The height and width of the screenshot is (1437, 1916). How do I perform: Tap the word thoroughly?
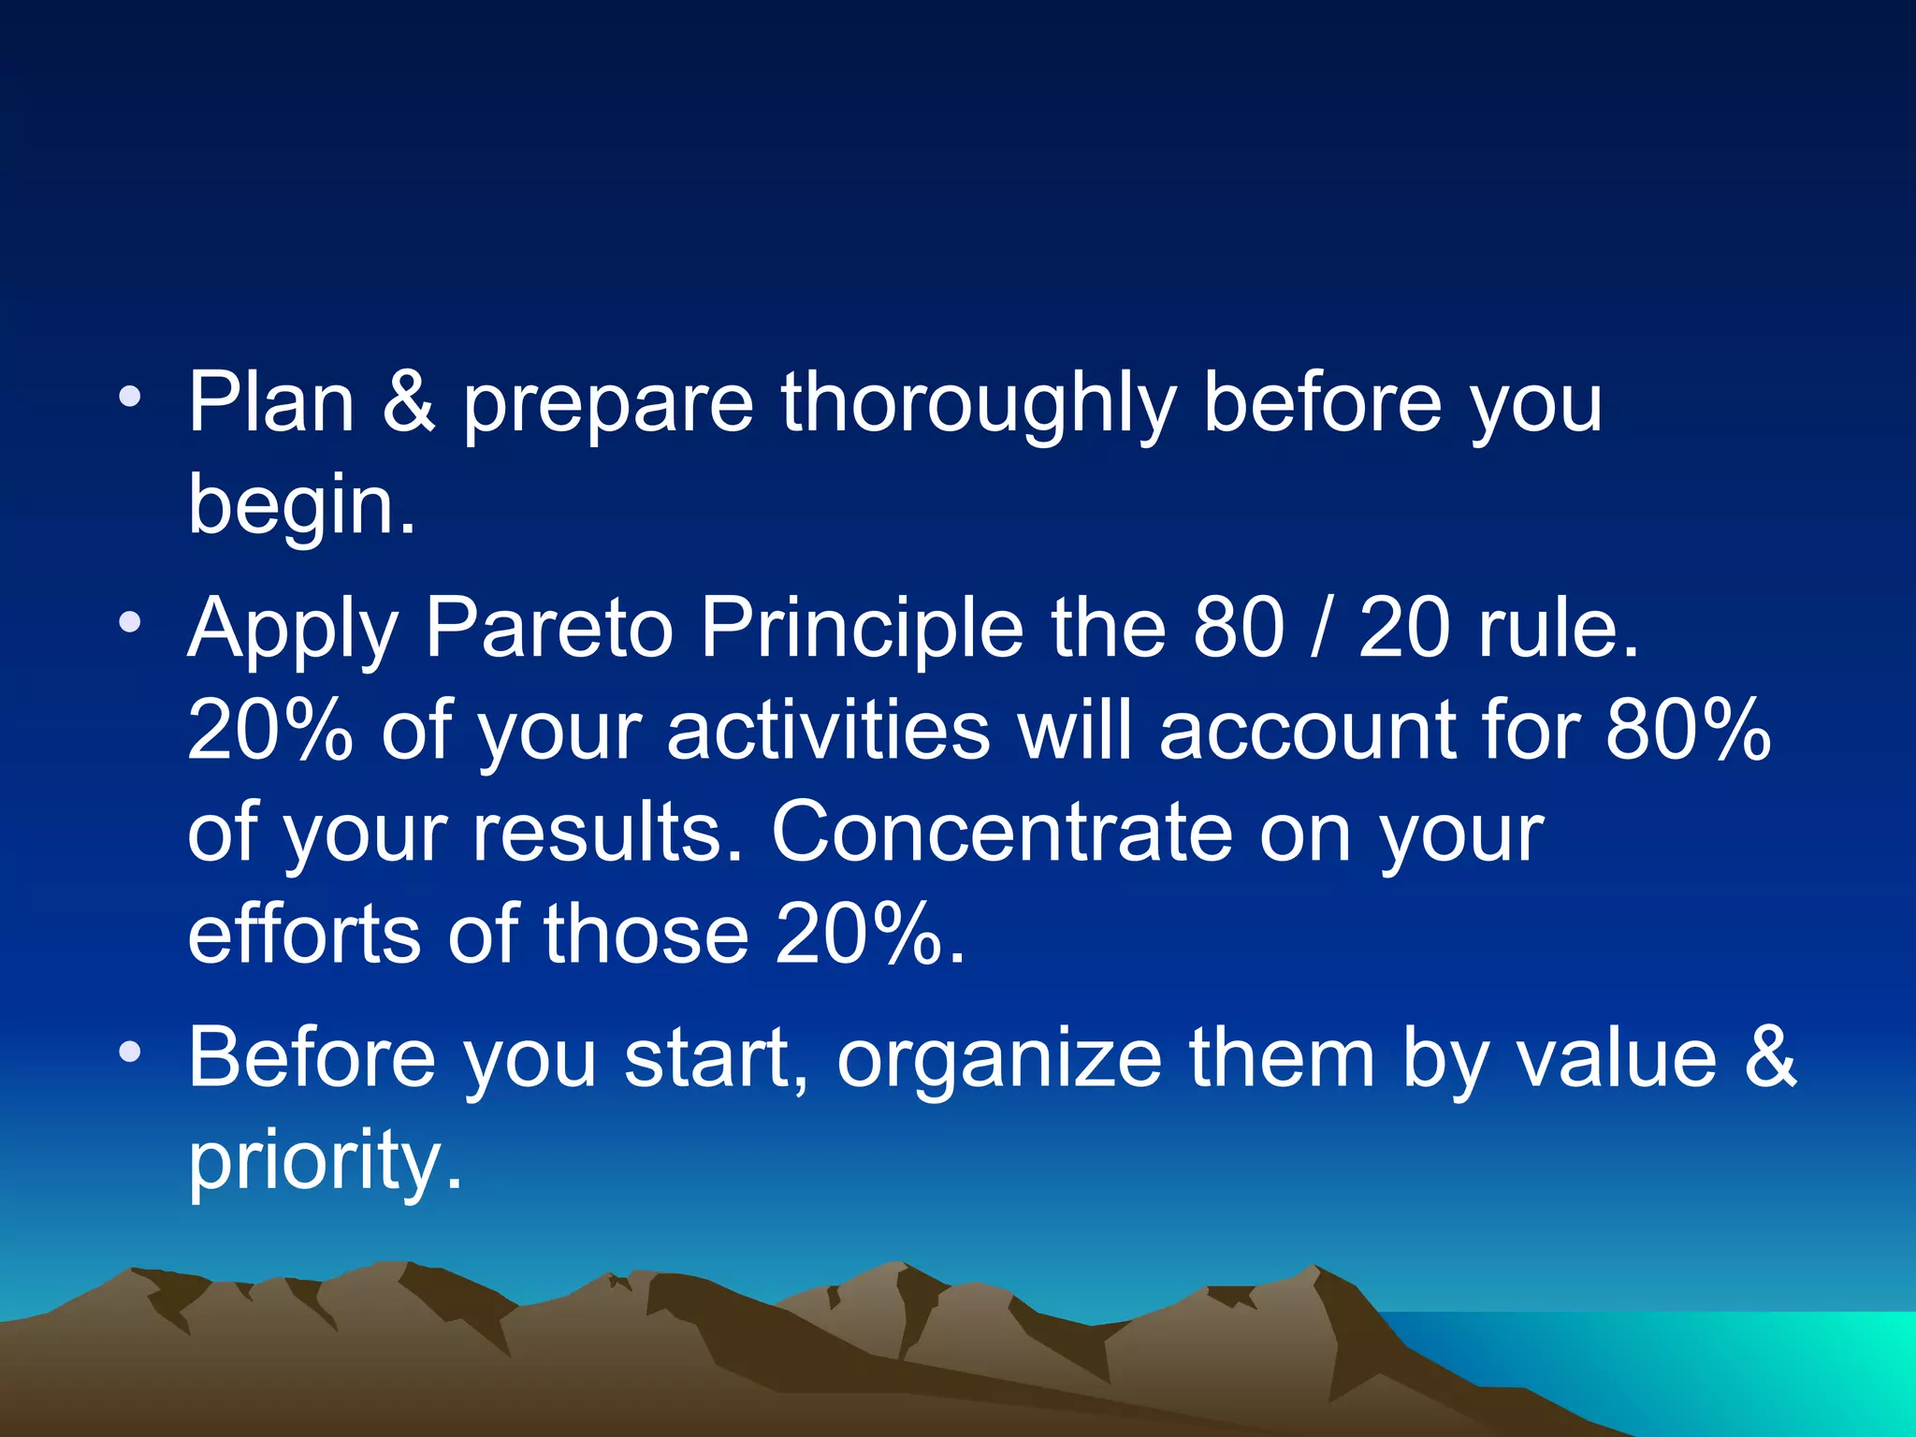pos(978,404)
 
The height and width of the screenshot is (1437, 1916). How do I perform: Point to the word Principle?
pos(862,629)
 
